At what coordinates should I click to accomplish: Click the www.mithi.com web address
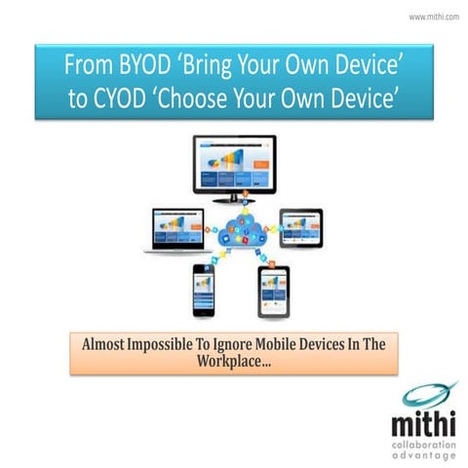tap(433, 17)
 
